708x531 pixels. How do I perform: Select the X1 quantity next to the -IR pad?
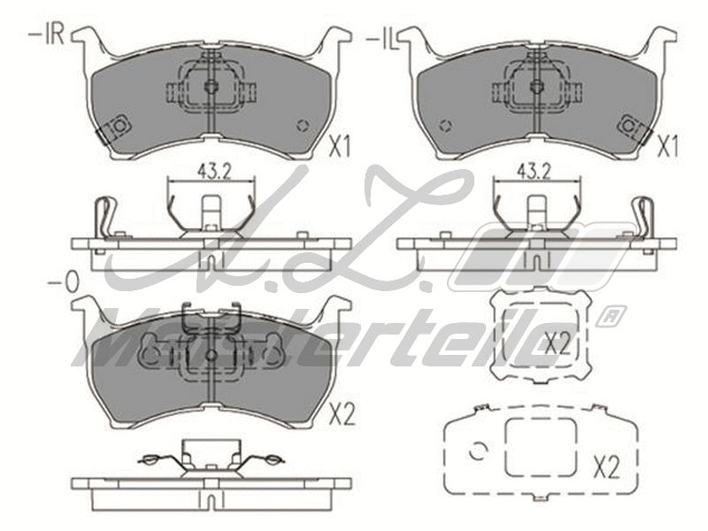tap(341, 147)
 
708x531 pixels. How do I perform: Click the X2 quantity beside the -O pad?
tap(341, 412)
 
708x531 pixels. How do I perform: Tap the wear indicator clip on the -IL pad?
tap(635, 129)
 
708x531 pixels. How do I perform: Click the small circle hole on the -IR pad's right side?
tap(305, 124)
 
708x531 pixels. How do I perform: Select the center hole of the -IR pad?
tap(211, 87)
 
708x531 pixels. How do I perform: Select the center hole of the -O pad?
tap(211, 354)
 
